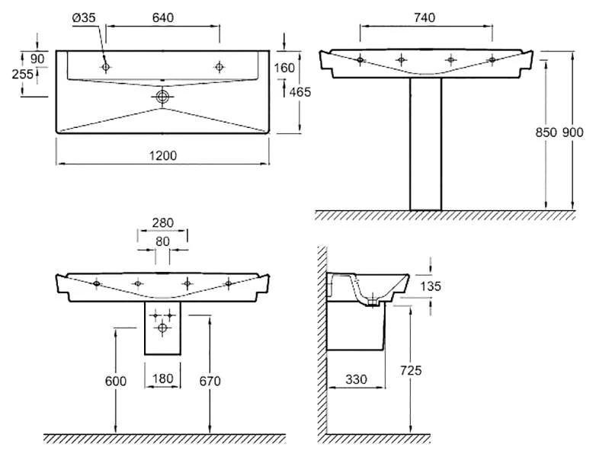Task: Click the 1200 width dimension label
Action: pos(162,155)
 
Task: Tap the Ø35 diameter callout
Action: pos(84,18)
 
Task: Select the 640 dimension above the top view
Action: pos(162,18)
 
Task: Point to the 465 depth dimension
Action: pos(300,92)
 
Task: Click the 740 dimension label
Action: pos(425,18)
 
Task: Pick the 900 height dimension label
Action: pos(572,133)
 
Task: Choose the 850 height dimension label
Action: pos(546,133)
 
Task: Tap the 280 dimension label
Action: pos(162,222)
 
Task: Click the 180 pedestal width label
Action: pos(162,379)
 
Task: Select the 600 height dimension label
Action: pos(116,381)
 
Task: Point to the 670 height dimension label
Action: pos(210,381)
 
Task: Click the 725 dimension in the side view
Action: pos(411,370)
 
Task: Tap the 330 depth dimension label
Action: pos(357,379)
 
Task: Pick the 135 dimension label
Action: pos(431,286)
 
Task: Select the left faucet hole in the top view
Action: pos(106,67)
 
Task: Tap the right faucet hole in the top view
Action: pos(219,67)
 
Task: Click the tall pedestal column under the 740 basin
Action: pos(426,144)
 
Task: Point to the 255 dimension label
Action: pos(22,74)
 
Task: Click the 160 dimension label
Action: pos(284,68)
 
